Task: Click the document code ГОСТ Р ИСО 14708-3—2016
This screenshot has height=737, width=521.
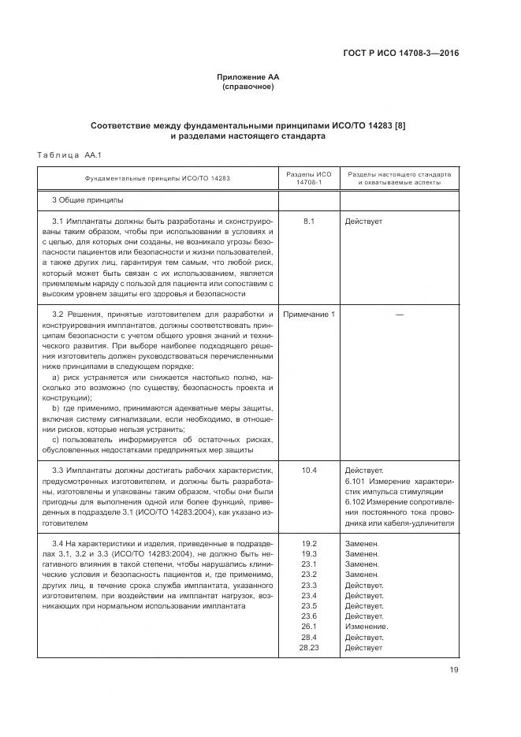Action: pos(401,54)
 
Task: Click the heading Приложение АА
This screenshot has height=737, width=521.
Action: pos(248,76)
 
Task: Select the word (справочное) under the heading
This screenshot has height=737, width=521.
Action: pos(248,87)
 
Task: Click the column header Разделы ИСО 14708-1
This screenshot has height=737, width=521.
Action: pos(308,178)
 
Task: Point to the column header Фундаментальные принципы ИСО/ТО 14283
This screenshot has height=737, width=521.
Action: pos(158,178)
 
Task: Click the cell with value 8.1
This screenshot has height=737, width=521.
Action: pos(308,221)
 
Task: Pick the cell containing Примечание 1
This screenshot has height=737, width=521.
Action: pos(308,315)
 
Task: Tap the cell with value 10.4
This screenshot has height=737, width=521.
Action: pos(308,470)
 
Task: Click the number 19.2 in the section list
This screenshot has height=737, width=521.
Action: pos(308,544)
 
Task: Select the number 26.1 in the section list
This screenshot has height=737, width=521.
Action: pos(308,627)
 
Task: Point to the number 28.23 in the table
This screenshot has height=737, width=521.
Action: pos(308,647)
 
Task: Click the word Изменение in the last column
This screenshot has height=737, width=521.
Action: pos(367,627)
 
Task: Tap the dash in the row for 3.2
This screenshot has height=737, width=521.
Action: pos(399,315)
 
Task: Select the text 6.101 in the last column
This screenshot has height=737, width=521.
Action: pos(357,480)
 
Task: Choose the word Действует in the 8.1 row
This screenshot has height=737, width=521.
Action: pos(363,221)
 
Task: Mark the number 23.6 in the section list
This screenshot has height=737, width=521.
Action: pos(308,616)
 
